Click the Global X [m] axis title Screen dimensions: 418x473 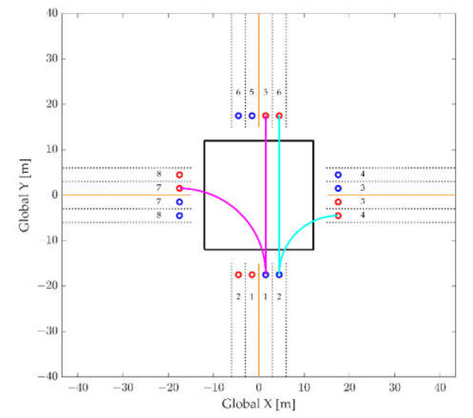coord(258,403)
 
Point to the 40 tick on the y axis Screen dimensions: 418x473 coord(52,13)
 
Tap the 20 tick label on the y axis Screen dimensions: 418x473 coord(52,104)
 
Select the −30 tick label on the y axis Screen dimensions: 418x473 coord(49,331)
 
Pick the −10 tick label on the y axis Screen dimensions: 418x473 coord(49,240)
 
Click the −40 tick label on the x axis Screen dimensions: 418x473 coord(77,388)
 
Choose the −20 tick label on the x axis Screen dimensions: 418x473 coord(168,388)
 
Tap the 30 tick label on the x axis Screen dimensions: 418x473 coord(395,388)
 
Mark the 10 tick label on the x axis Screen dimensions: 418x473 coord(304,388)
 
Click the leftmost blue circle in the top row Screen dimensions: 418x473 coord(238,115)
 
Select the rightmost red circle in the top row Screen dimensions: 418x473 coord(279,115)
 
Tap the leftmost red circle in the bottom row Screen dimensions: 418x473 coord(238,274)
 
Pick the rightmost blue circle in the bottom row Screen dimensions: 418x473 coord(279,274)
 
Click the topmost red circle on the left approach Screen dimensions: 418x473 coord(179,175)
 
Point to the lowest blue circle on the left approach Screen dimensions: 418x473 coord(179,215)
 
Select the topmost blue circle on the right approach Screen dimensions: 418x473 coord(338,175)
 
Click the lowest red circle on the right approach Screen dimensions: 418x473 coord(338,215)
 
